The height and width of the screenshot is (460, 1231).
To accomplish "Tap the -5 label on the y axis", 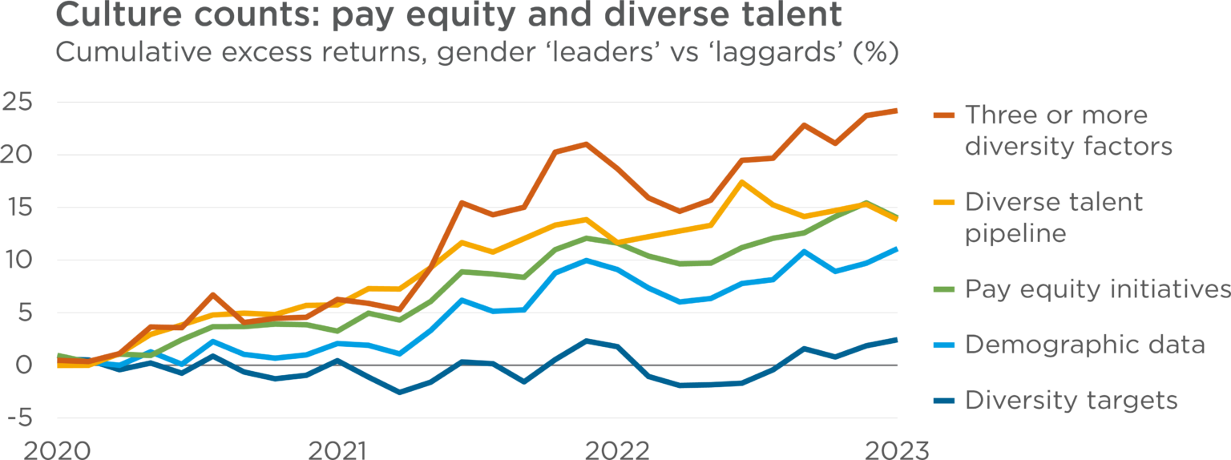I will click(x=18, y=418).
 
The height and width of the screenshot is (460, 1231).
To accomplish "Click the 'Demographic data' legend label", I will click(x=1084, y=345).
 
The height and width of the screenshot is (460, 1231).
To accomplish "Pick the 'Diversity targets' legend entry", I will click(x=1072, y=400).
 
